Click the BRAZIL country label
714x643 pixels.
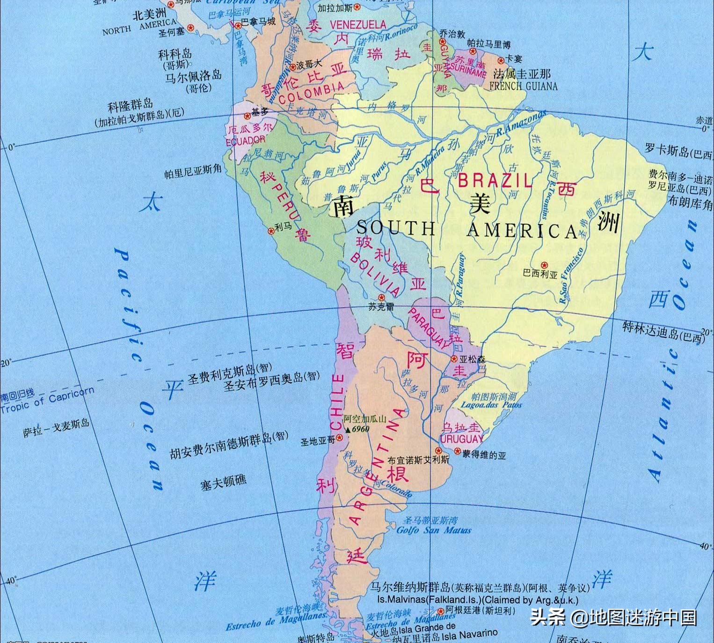pyautogui.click(x=495, y=180)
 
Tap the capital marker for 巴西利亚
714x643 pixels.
pyautogui.click(x=544, y=265)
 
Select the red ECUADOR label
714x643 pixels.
pyautogui.click(x=245, y=140)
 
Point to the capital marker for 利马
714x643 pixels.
pyautogui.click(x=270, y=231)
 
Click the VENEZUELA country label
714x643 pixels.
pyautogui.click(x=358, y=24)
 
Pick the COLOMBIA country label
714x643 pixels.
pyautogui.click(x=311, y=93)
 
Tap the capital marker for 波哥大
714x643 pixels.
pyautogui.click(x=293, y=67)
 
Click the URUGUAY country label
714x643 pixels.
pyautogui.click(x=461, y=439)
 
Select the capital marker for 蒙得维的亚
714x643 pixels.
pyautogui.click(x=458, y=451)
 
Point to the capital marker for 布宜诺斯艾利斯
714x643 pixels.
pyautogui.click(x=438, y=451)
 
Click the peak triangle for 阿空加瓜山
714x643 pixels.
pyautogui.click(x=348, y=429)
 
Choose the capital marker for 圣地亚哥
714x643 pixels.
pyautogui.click(x=340, y=438)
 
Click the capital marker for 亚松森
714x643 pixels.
pyautogui.click(x=454, y=358)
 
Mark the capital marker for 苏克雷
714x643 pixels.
pyautogui.click(x=381, y=298)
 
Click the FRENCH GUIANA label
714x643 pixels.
pyautogui.click(x=524, y=86)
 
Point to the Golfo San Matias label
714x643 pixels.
pyautogui.click(x=434, y=530)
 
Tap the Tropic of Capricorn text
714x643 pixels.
pyautogui.click(x=47, y=402)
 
